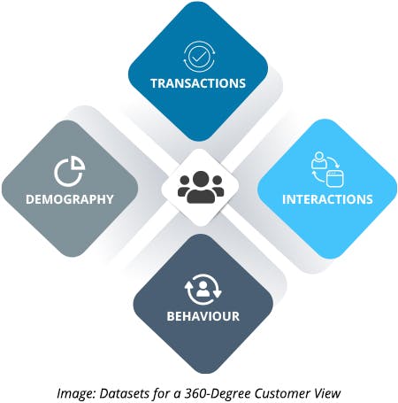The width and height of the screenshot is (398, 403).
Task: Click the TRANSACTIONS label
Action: click(x=198, y=83)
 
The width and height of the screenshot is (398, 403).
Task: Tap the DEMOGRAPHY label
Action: click(x=70, y=199)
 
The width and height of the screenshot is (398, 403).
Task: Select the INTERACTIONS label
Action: click(x=327, y=199)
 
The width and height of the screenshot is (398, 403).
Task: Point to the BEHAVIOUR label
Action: click(x=203, y=316)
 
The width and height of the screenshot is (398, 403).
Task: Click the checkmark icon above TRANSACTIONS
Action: click(x=198, y=57)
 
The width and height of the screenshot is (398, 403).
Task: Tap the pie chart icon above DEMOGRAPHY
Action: click(x=70, y=172)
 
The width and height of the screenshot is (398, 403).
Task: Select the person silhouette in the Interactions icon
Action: click(x=318, y=160)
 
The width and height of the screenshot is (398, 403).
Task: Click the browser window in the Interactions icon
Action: click(x=335, y=179)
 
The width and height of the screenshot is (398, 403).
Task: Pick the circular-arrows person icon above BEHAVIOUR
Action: click(x=203, y=290)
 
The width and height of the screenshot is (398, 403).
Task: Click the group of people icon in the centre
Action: click(x=201, y=187)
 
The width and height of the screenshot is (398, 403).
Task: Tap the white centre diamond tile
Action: click(x=201, y=188)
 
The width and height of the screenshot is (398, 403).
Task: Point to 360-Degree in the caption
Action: click(x=218, y=394)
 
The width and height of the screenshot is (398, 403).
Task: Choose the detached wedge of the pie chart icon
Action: click(x=79, y=163)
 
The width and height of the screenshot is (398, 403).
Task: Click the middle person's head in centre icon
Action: click(x=201, y=179)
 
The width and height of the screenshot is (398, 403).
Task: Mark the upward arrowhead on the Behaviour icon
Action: click(x=188, y=285)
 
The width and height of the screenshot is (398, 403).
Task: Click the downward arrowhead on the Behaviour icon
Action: click(x=218, y=294)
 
